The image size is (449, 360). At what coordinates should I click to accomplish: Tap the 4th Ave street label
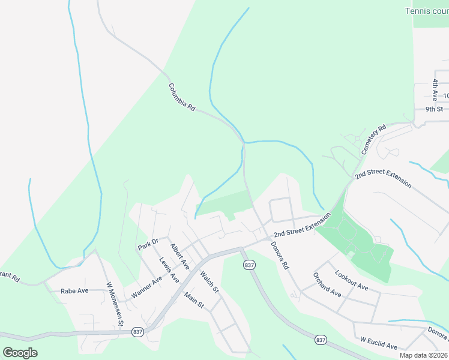click(435, 88)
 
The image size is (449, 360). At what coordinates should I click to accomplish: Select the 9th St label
click(433, 109)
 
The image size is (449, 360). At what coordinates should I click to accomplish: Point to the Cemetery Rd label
click(373, 140)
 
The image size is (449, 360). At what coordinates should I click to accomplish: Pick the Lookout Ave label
click(352, 280)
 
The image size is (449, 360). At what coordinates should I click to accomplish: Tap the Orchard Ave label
click(327, 284)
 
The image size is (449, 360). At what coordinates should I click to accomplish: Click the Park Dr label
click(148, 245)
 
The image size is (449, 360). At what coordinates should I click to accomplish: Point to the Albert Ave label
click(179, 257)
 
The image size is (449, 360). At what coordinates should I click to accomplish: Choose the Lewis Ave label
click(169, 270)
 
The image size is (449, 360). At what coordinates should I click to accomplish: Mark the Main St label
click(195, 300)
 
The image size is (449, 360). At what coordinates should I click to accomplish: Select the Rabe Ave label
click(74, 291)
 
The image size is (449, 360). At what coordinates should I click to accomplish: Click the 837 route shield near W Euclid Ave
click(321, 340)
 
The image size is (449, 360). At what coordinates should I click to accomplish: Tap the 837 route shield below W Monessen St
click(137, 332)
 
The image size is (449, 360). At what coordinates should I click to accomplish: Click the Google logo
click(20, 352)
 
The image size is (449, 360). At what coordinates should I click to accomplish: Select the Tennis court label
click(427, 10)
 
